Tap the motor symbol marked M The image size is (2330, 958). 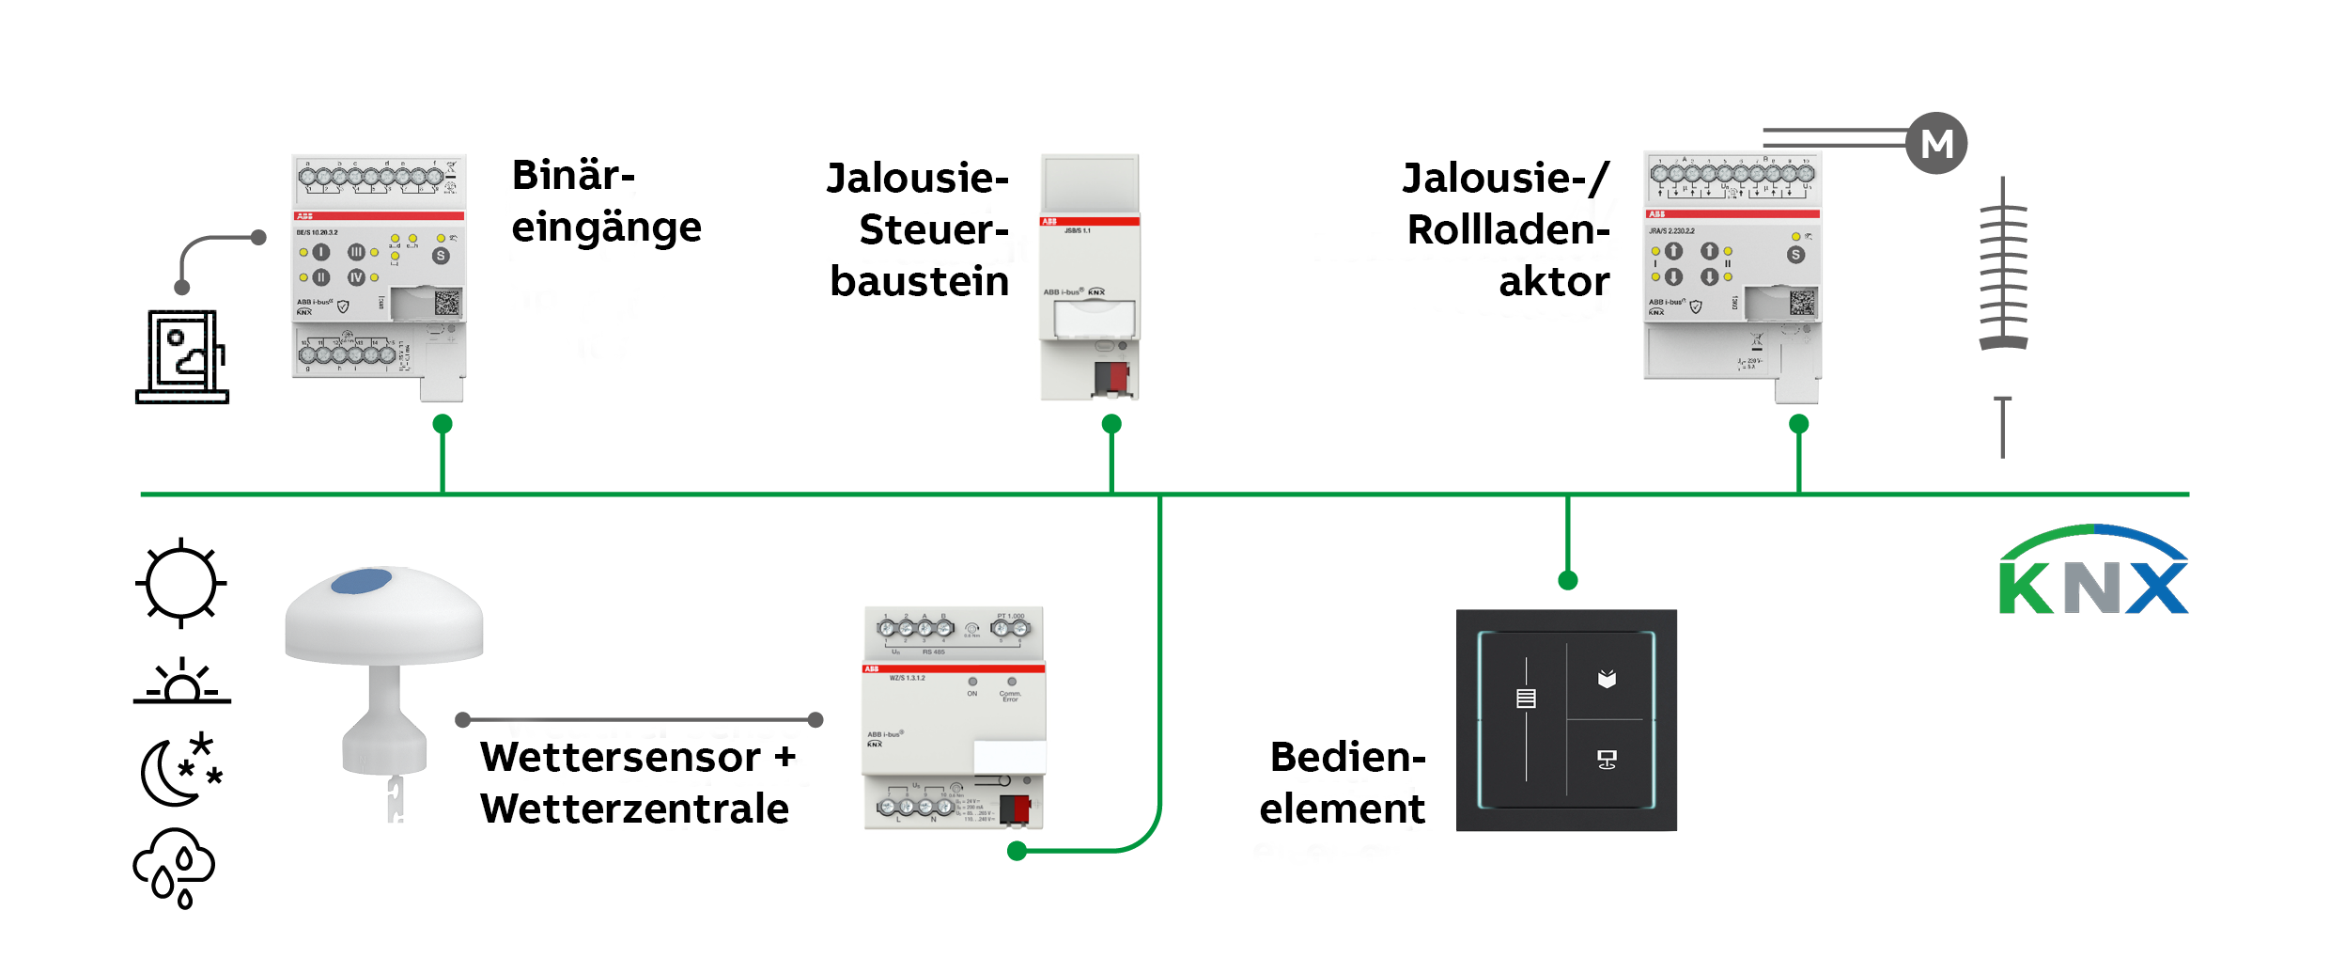(x=1936, y=143)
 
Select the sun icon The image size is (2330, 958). (x=181, y=583)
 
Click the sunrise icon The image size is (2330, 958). (x=181, y=682)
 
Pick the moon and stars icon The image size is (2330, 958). (x=180, y=769)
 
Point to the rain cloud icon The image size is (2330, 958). (x=175, y=868)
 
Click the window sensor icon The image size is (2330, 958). (x=183, y=356)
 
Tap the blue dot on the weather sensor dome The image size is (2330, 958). (x=362, y=581)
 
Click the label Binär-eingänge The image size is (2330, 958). (x=606, y=201)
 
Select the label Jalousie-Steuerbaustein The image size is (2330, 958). (x=919, y=229)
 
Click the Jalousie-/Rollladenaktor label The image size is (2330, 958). (x=1507, y=229)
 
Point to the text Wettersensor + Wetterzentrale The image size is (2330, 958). (x=637, y=782)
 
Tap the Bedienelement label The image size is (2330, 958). (x=1344, y=782)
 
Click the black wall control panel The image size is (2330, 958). (x=1566, y=720)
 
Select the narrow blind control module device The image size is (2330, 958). (x=1090, y=277)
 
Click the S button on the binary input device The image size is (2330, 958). (x=441, y=256)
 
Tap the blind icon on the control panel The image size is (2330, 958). (x=1526, y=699)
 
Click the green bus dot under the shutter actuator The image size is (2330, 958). (x=1798, y=424)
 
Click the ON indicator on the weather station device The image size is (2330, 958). (x=972, y=682)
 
